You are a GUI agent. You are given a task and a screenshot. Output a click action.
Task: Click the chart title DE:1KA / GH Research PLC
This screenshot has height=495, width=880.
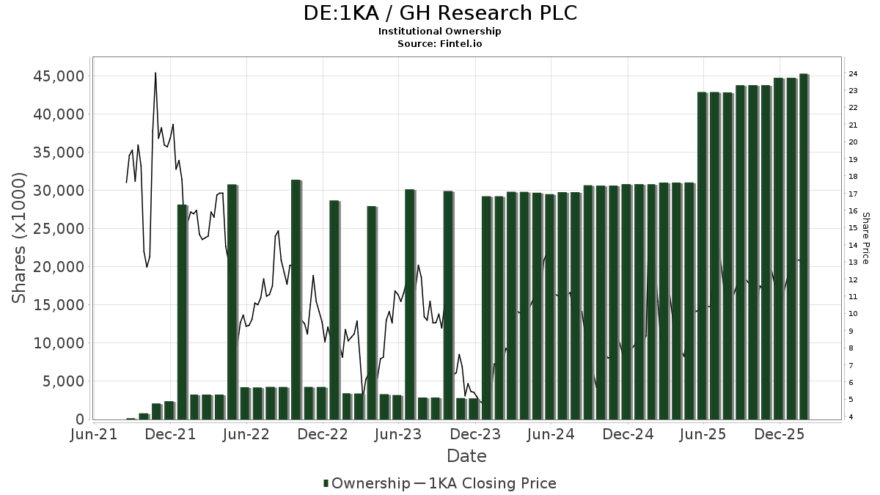(x=440, y=13)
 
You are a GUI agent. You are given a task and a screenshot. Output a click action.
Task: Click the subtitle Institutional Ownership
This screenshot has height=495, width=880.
(x=440, y=32)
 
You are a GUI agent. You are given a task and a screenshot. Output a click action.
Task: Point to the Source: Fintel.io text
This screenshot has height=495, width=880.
(x=440, y=44)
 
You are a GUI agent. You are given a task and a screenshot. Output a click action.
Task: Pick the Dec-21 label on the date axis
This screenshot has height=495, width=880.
(x=171, y=434)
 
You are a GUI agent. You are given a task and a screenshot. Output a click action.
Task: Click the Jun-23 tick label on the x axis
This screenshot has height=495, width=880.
(x=398, y=434)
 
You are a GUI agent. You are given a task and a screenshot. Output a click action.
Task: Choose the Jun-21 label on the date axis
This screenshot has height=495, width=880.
(x=95, y=434)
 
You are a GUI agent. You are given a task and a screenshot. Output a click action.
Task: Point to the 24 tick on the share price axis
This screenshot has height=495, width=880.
(x=853, y=74)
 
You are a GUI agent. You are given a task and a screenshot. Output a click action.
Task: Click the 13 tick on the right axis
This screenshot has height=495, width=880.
(x=853, y=263)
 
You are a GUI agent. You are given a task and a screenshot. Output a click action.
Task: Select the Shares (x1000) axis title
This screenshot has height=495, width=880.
(x=20, y=238)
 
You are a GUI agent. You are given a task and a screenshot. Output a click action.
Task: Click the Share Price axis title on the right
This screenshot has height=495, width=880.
(x=865, y=238)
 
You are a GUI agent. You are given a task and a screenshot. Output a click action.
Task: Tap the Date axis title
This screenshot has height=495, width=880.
(x=466, y=456)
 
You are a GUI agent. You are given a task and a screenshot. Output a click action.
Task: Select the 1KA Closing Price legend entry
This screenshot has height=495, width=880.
(x=485, y=483)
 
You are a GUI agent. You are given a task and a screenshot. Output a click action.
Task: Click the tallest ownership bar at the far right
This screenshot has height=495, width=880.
(x=804, y=246)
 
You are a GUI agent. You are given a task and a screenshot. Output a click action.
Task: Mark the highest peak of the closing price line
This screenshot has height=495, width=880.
(x=155, y=73)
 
